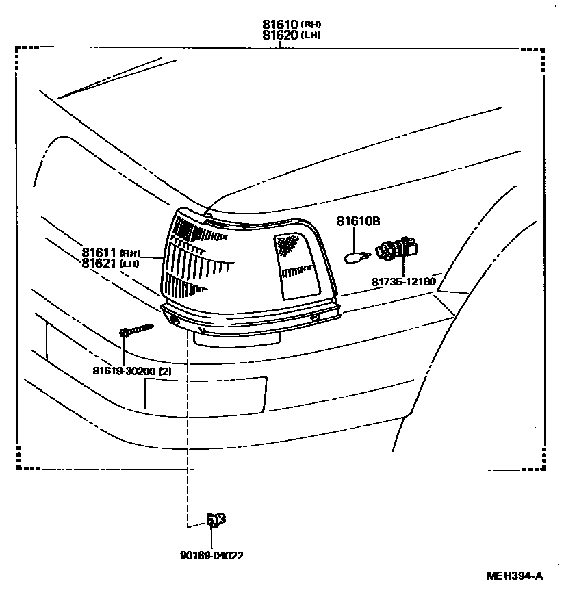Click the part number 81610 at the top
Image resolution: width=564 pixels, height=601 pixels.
pos(280,25)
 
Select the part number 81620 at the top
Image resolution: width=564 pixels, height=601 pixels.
pos(280,35)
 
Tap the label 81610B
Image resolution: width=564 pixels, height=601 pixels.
pos(358,220)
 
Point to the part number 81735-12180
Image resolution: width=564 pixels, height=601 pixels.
pos(404,281)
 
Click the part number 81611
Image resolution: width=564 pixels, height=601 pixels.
pos(99,252)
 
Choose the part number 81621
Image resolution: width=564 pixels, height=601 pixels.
pos(99,263)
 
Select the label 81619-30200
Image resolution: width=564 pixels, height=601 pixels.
pos(124,370)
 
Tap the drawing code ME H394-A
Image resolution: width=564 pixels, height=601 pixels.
pos(514,576)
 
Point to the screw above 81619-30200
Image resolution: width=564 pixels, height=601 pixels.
pos(136,329)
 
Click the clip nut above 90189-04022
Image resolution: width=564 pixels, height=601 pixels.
pos(216,520)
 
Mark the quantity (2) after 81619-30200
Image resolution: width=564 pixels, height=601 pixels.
pos(165,370)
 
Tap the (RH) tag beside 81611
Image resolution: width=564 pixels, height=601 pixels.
pos(129,253)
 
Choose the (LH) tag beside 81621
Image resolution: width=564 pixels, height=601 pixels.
pos(129,264)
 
